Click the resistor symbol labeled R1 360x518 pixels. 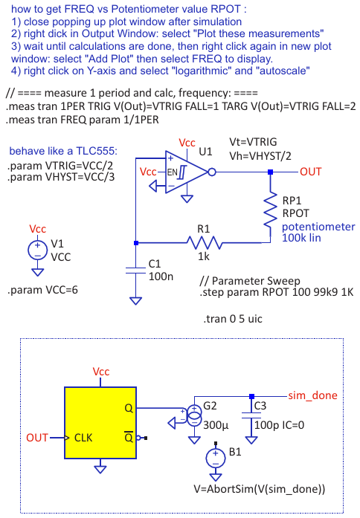tap(204, 243)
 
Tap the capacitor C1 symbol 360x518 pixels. tap(136, 271)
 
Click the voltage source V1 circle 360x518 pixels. tap(37, 250)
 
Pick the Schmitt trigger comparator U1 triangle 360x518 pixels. tap(186, 172)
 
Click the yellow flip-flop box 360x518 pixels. tap(100, 423)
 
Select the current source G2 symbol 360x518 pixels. tap(194, 415)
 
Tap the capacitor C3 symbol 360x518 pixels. tap(251, 415)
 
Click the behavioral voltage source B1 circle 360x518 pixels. tap(216, 458)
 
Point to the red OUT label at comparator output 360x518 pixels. tap(311, 172)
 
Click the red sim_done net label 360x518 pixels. tap(312, 395)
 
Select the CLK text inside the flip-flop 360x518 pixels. tap(83, 438)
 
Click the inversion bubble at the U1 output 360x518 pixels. tap(212, 172)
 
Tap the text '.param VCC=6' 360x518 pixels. tap(42, 290)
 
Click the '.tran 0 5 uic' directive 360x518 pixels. tap(233, 319)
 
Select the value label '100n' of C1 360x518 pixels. tap(161, 276)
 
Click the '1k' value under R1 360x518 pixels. tap(204, 256)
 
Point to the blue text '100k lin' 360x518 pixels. tap(301, 238)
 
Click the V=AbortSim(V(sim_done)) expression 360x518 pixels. tap(260, 489)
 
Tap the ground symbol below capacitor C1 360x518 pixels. tap(136, 301)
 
